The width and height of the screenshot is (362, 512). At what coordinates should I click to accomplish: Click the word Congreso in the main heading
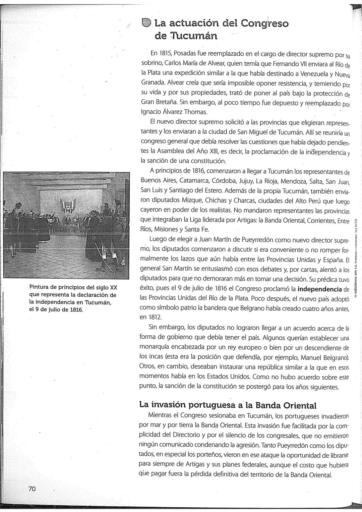264,23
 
